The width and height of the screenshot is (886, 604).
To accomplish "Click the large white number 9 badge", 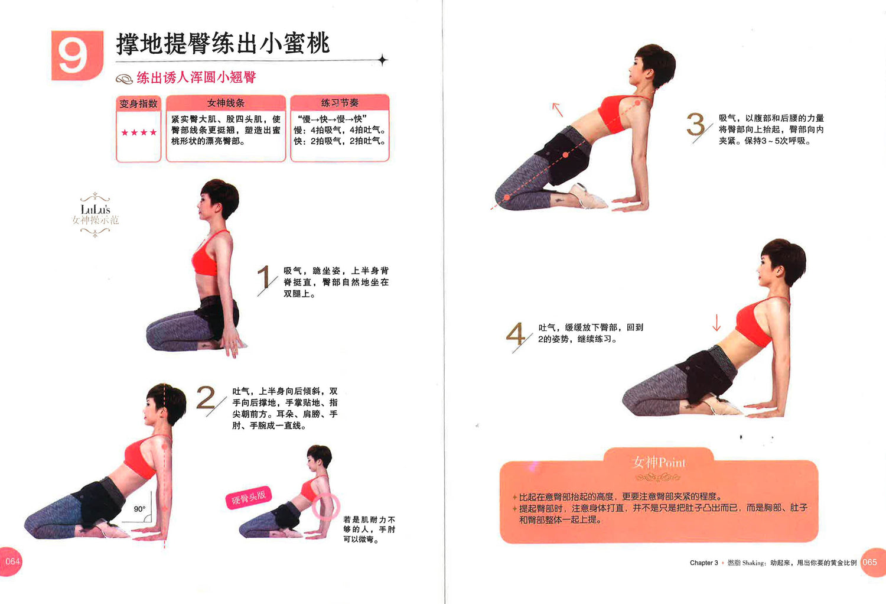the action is pos(77,56).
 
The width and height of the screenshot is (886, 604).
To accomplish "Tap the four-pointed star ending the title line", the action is pos(382,60).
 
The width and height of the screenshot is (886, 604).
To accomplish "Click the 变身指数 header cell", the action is pos(138,103).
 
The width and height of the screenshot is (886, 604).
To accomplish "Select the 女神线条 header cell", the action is pos(226,103).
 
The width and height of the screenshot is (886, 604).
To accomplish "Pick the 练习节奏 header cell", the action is pos(340,102).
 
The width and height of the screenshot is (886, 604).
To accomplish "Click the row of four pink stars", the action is pos(139,132).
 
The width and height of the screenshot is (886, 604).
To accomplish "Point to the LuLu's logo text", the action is pos(95,209).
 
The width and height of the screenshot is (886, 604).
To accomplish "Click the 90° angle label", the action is pos(139,509).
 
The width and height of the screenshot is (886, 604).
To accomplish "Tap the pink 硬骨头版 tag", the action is pos(249,497).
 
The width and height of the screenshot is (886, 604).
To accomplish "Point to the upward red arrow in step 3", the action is pos(558,110).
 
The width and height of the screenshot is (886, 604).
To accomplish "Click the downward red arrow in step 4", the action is pos(716,323).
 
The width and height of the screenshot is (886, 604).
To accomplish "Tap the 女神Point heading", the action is pos(659,462).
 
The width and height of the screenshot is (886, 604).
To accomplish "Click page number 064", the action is pos(12,561).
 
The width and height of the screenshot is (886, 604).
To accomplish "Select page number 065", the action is pos(870,562).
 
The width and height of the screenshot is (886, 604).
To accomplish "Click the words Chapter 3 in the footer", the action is pos(703,563).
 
